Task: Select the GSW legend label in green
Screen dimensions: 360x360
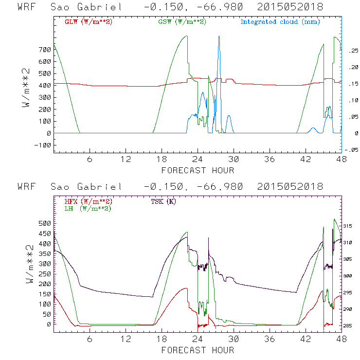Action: point(182,22)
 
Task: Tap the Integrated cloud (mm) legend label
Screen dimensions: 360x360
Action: point(280,22)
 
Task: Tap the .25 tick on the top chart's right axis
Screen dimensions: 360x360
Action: point(350,50)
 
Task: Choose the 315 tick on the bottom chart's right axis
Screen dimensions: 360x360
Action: point(351,226)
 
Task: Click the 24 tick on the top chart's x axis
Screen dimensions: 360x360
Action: point(198,160)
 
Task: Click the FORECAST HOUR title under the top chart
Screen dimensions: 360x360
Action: point(198,170)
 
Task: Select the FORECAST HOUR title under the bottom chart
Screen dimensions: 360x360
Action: point(198,350)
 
